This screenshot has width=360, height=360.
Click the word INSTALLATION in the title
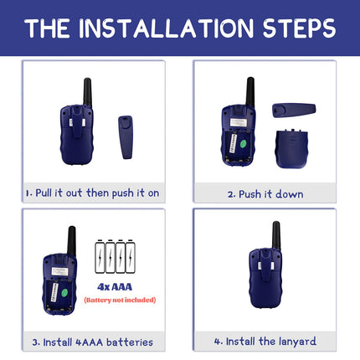click(x=166, y=28)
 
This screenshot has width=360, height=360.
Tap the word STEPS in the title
click(x=299, y=28)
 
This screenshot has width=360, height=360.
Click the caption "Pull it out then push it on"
click(x=97, y=193)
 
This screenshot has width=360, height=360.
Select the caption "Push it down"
click(x=271, y=194)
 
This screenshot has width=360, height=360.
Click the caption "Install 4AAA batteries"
click(x=98, y=342)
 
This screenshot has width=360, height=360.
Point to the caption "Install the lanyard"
click(x=271, y=342)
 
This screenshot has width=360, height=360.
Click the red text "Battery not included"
click(x=120, y=300)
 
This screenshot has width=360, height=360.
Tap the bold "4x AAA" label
click(x=115, y=287)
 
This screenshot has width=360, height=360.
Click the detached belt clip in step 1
click(x=126, y=137)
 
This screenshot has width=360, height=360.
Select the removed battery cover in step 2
click(x=292, y=148)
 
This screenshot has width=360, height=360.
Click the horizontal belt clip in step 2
click(x=294, y=111)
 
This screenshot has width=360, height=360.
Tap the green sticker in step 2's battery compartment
click(x=243, y=144)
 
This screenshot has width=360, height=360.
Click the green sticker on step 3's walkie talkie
click(x=64, y=293)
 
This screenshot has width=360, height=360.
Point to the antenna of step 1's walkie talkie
click(x=88, y=92)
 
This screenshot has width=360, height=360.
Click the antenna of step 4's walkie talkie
click(x=276, y=235)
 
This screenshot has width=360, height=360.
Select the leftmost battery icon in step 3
click(x=100, y=257)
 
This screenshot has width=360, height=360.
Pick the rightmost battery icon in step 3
click(x=131, y=257)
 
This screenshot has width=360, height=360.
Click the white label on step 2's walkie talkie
click(x=239, y=122)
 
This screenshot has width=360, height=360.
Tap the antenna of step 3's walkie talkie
click(x=72, y=240)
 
